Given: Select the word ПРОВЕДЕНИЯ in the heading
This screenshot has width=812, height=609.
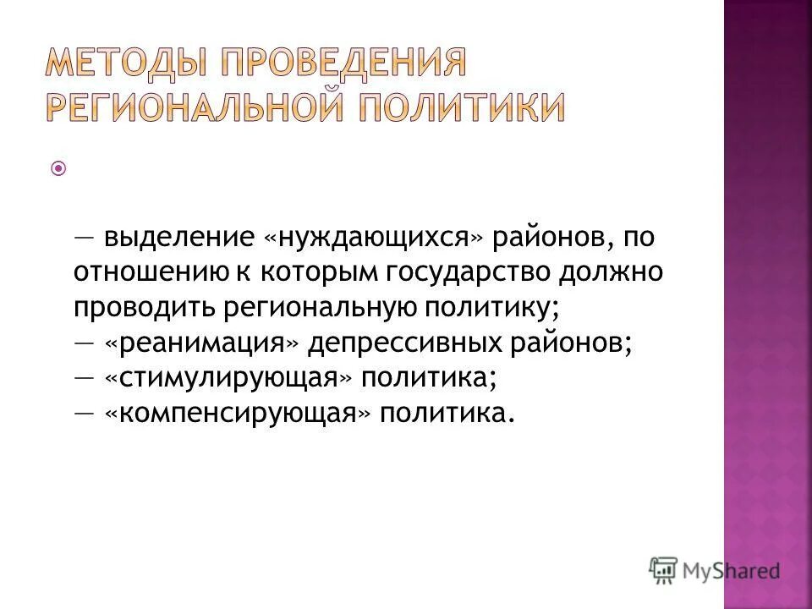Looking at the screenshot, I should click(x=347, y=63).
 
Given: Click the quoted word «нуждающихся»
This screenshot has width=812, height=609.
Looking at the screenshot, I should click(x=375, y=238).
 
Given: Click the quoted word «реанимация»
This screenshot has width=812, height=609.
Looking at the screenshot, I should click(x=202, y=344).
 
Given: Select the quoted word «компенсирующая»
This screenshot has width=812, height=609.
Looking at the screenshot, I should click(x=238, y=414).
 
